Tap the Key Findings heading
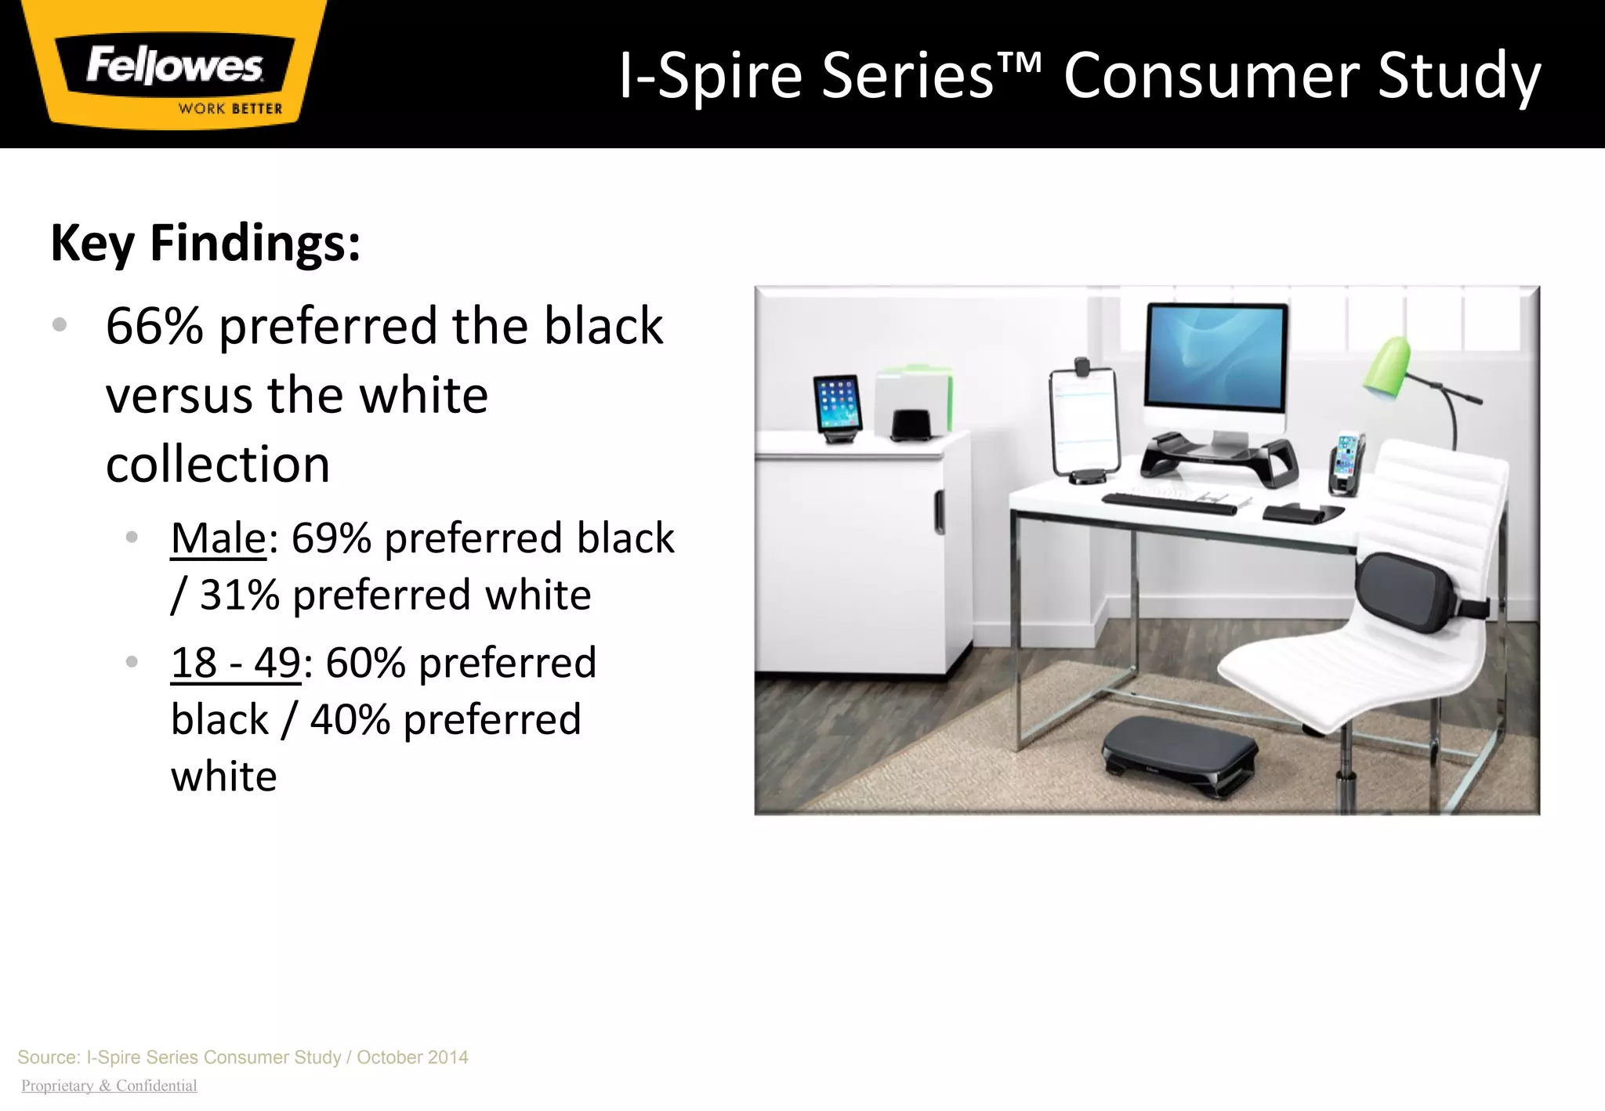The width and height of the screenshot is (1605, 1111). (205, 243)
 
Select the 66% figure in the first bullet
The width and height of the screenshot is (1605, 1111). (154, 326)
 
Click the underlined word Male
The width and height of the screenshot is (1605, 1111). (219, 539)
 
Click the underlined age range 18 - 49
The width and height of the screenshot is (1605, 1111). (235, 664)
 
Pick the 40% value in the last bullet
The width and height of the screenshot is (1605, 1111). (350, 720)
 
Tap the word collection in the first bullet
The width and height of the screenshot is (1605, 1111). (218, 465)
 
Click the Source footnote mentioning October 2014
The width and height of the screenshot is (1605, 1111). (243, 1057)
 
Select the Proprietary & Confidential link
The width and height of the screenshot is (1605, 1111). (109, 1086)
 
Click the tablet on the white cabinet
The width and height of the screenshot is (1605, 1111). (837, 404)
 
